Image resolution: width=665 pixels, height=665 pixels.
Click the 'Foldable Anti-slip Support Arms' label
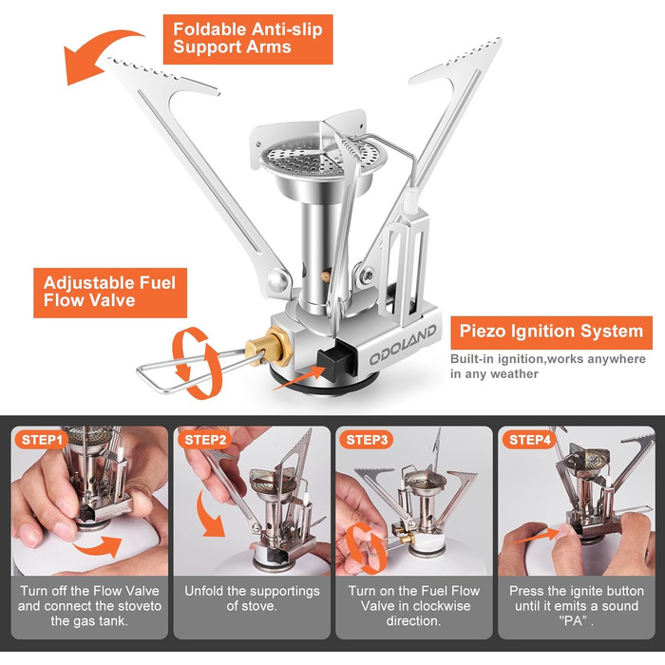pyautogui.click(x=248, y=39)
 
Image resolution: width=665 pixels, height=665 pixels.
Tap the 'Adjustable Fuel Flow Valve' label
pyautogui.click(x=110, y=293)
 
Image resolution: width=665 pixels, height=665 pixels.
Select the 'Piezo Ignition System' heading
pyautogui.click(x=551, y=332)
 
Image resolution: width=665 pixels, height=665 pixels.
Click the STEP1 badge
pyautogui.click(x=42, y=440)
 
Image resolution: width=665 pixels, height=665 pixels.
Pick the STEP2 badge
pyautogui.click(x=205, y=440)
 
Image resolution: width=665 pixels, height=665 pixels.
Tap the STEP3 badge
pyautogui.click(x=367, y=440)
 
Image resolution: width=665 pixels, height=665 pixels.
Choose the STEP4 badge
pyautogui.click(x=530, y=440)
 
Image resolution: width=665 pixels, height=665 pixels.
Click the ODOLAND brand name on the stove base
pyautogui.click(x=403, y=345)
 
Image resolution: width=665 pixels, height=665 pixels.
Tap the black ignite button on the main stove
pyautogui.click(x=335, y=360)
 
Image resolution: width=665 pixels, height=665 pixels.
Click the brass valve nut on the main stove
pyautogui.click(x=270, y=348)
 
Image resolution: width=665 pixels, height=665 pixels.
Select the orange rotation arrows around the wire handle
pyautogui.click(x=196, y=363)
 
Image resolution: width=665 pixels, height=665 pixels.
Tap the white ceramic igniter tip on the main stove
pyautogui.click(x=411, y=199)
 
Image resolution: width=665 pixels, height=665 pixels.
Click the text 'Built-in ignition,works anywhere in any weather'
pyautogui.click(x=547, y=367)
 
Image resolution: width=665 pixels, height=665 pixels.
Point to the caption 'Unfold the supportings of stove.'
pyautogui.click(x=252, y=598)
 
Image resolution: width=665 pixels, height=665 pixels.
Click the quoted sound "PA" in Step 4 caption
pyautogui.click(x=576, y=621)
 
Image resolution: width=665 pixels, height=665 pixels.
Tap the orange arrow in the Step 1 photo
pyautogui.click(x=99, y=546)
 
